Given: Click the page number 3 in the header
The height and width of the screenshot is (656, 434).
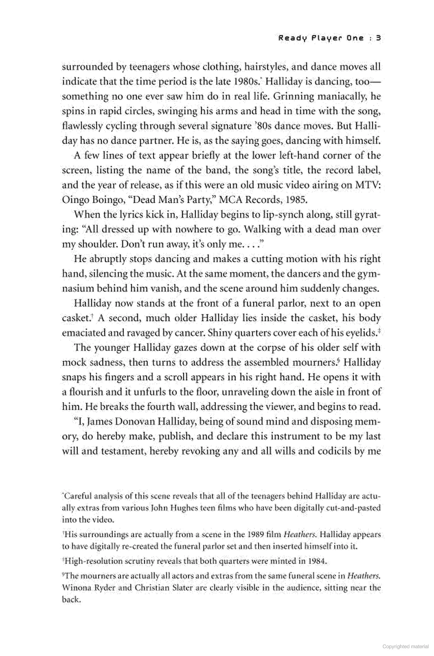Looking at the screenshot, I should click(378, 38).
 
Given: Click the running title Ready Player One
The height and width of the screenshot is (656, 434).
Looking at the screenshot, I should click(321, 38).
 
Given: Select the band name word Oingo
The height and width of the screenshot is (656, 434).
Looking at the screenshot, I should click(75, 200).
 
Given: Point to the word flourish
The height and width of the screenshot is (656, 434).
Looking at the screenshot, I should click(85, 392).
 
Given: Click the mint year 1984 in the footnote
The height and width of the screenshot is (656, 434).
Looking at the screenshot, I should click(317, 561).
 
